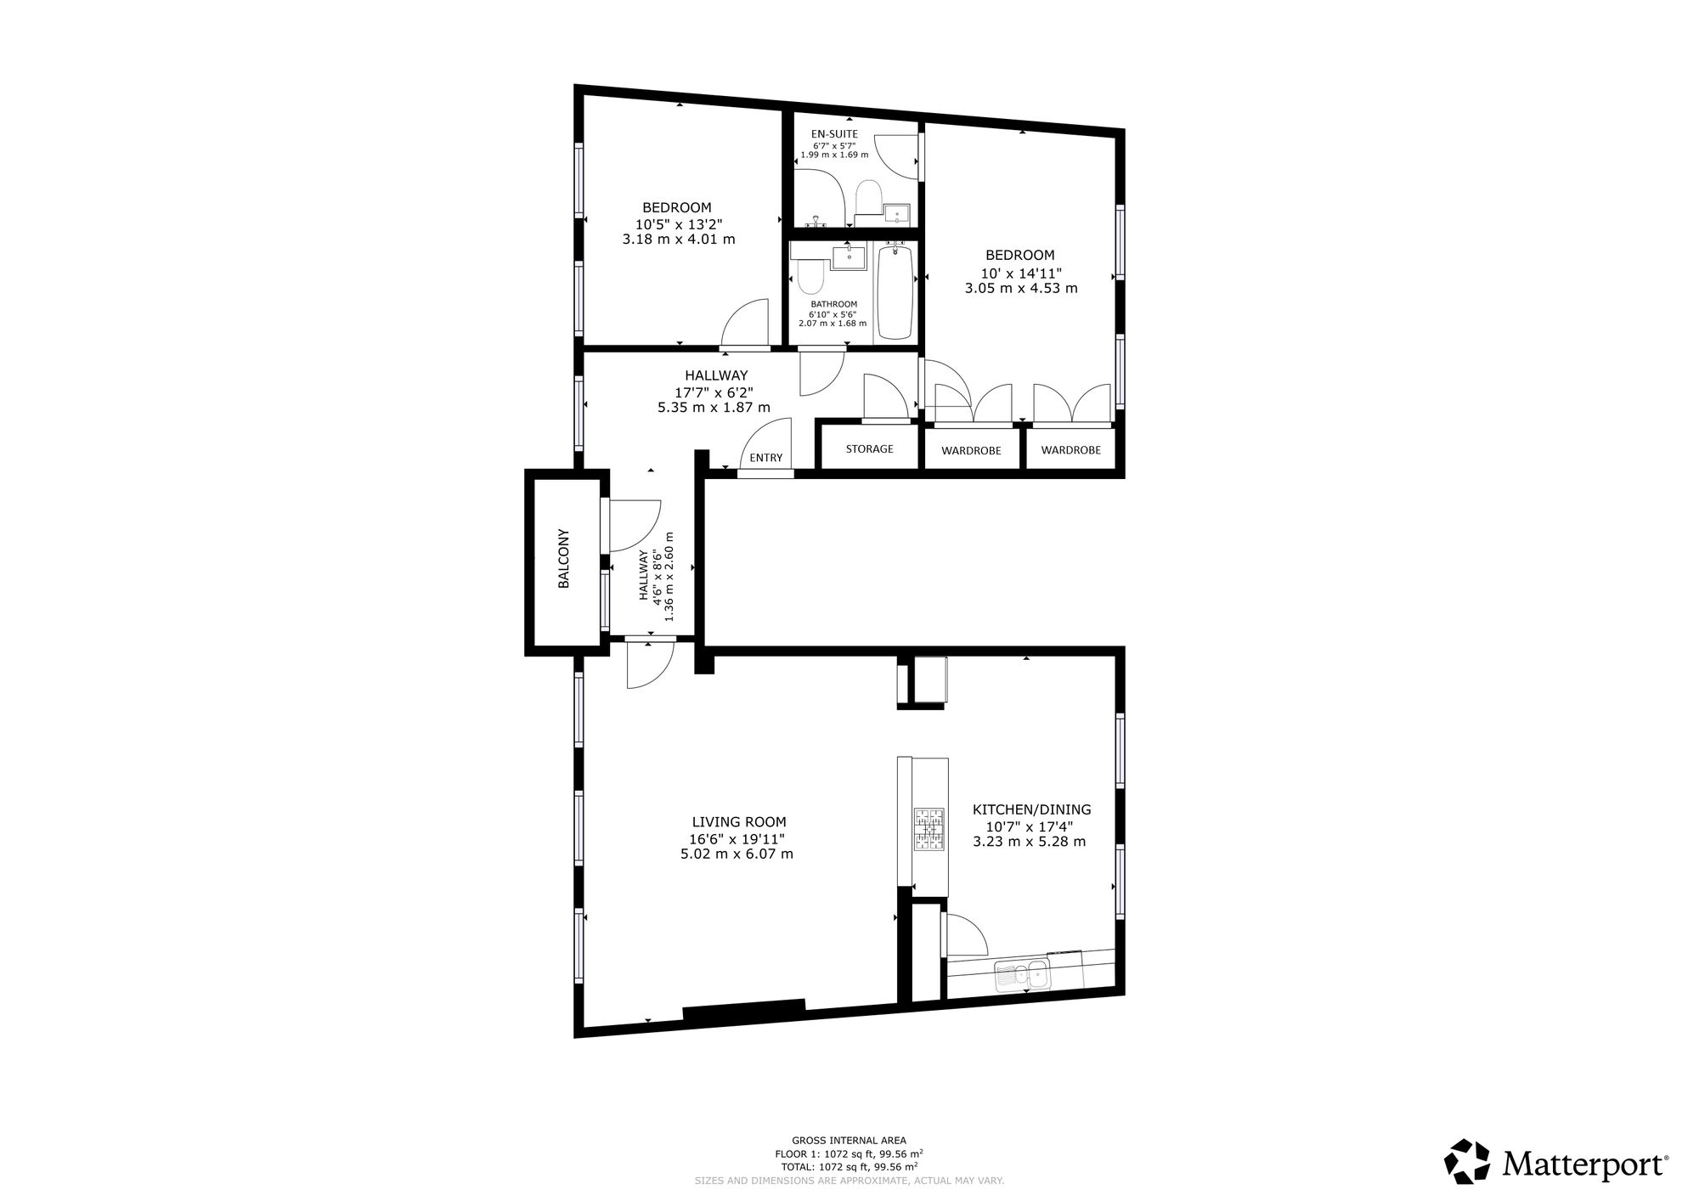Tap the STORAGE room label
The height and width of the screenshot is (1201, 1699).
869,448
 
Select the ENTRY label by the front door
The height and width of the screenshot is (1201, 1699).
766,458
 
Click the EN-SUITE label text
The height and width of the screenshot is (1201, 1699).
834,133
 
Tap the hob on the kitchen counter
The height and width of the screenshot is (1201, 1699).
929,829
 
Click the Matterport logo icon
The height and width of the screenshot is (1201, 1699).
1468,1160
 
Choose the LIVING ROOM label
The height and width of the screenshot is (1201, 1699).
738,821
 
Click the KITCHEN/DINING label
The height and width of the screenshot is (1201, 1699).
1031,809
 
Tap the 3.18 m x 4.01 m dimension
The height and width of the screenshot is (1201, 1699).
679,240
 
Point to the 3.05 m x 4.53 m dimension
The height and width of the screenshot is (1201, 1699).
1021,288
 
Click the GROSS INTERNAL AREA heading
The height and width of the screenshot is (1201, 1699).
849,1141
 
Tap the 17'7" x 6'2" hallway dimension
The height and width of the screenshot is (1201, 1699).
714,392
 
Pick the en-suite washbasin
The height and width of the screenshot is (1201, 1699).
895,213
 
